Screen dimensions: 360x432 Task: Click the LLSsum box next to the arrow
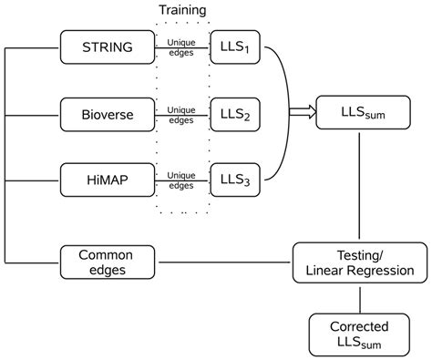click(362, 112)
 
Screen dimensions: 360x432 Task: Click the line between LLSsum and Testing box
click(362, 187)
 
